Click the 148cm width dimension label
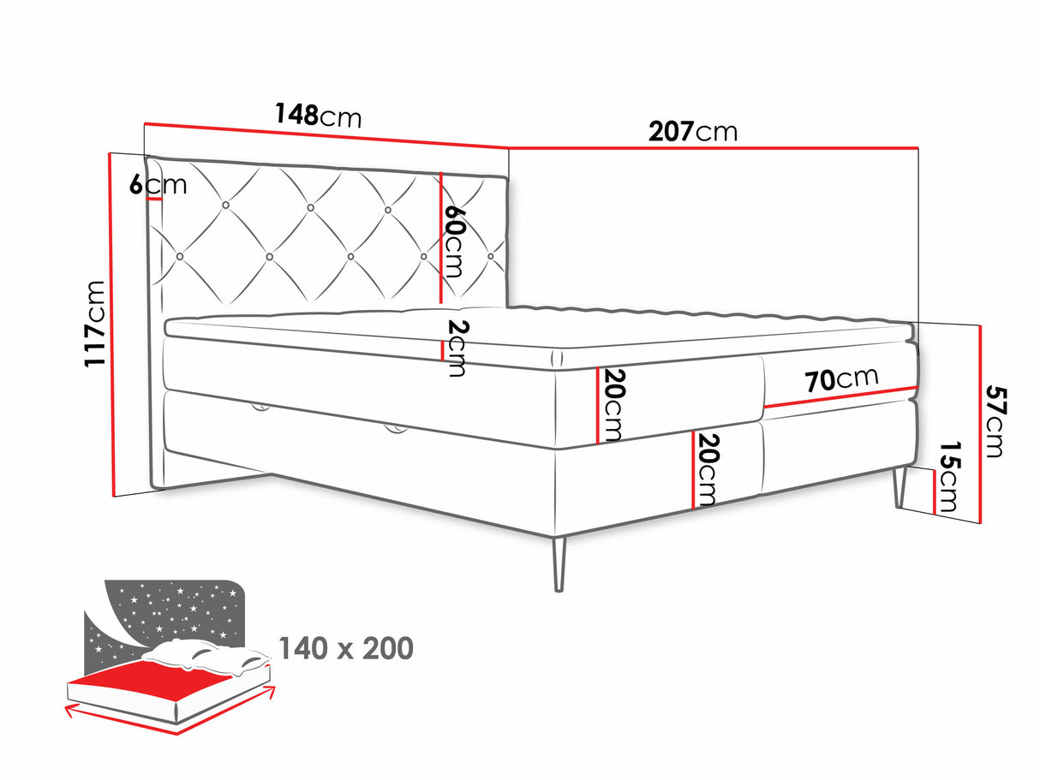click(x=318, y=115)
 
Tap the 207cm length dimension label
click(x=692, y=131)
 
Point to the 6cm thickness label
click(x=158, y=184)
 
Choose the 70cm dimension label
click(x=841, y=379)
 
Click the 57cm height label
click(x=995, y=420)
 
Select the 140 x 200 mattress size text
click(x=346, y=648)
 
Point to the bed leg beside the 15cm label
click(x=901, y=488)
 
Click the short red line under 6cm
click(x=154, y=199)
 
